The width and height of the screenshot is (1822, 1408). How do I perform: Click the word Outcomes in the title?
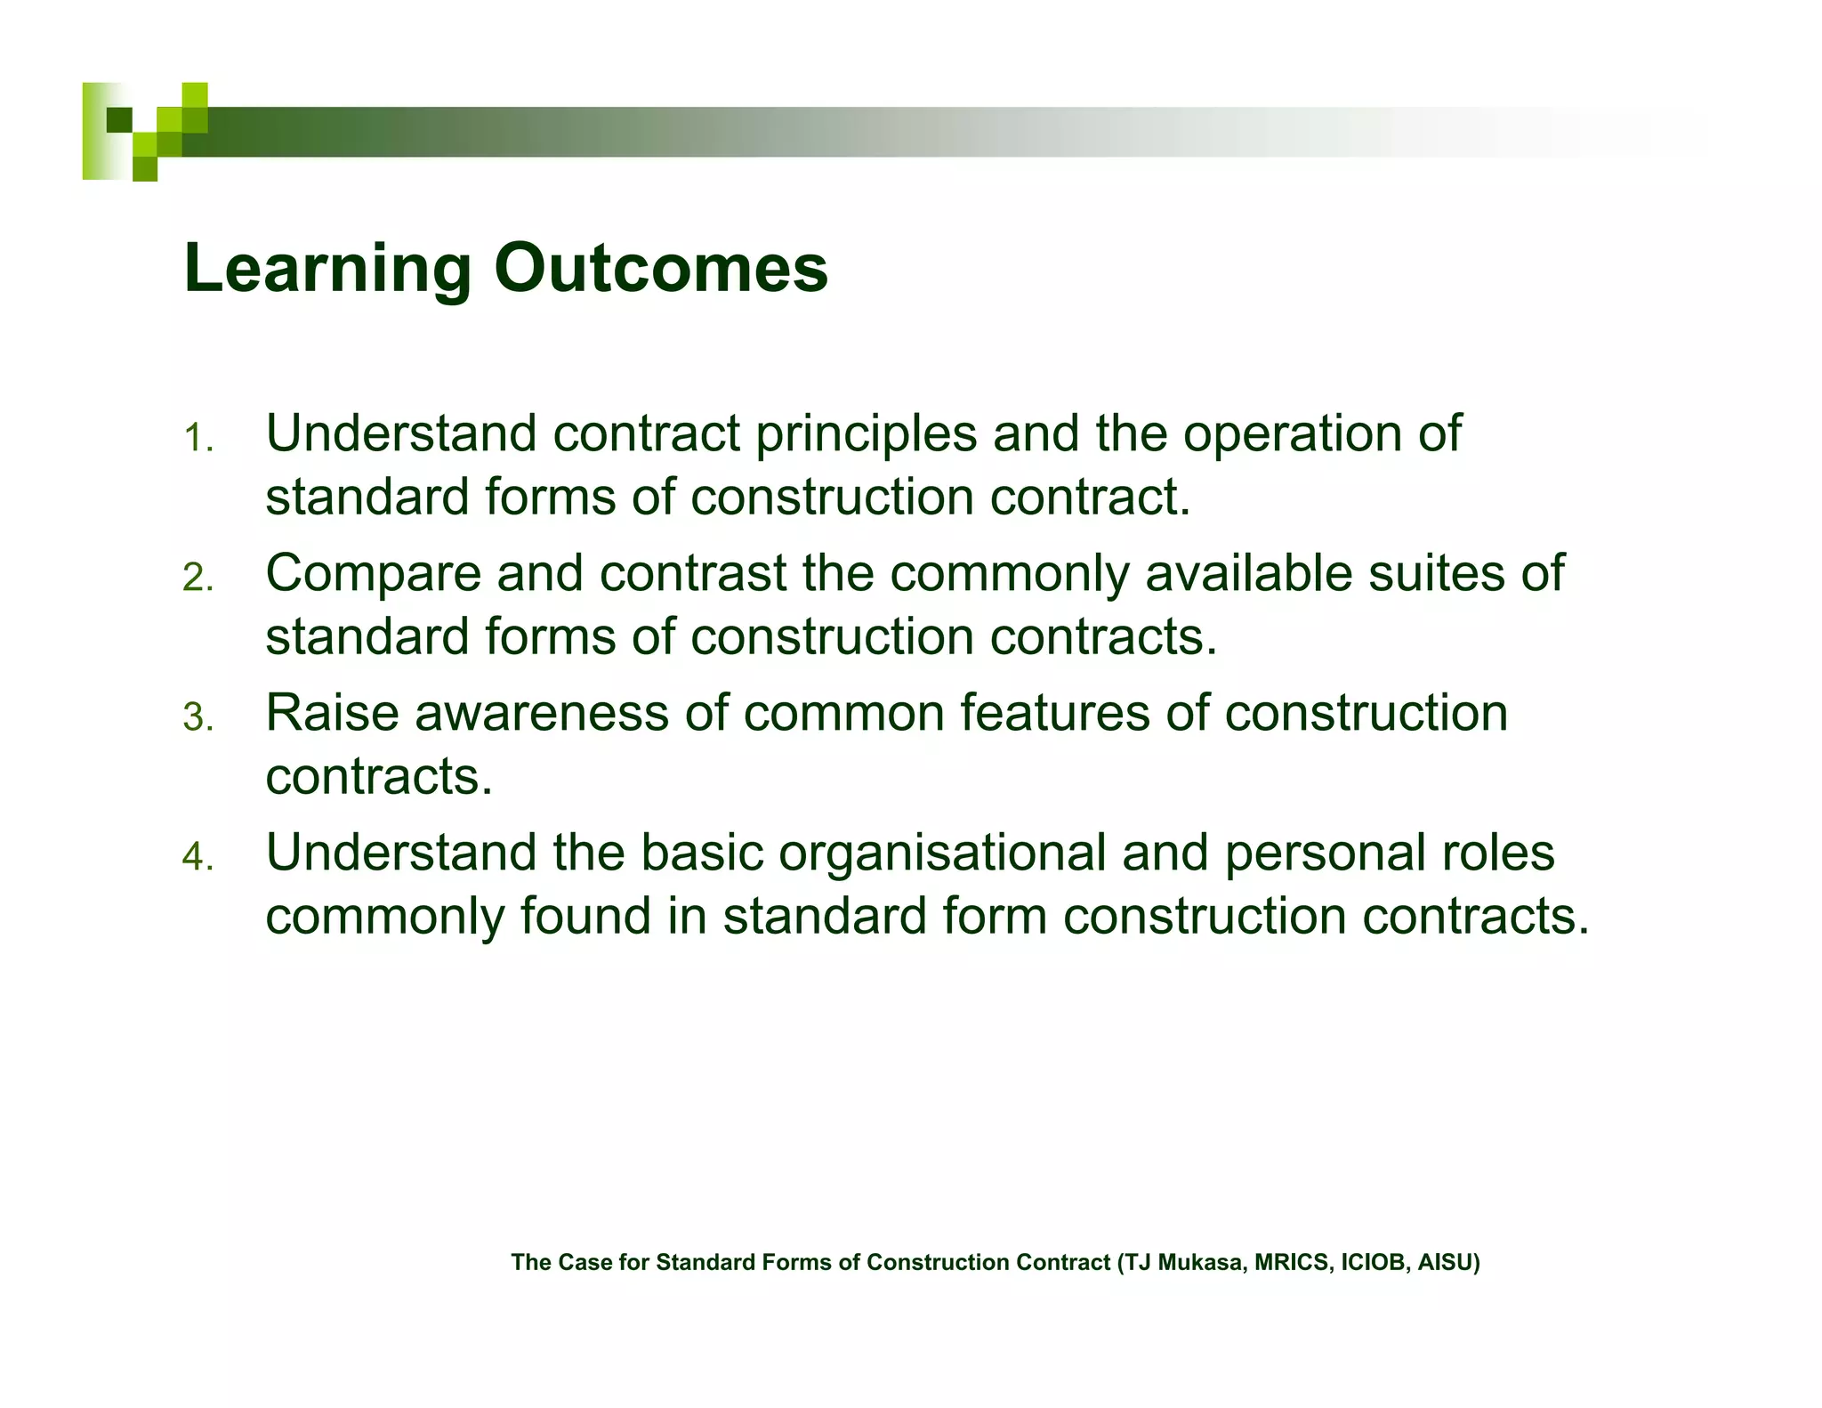[x=661, y=269]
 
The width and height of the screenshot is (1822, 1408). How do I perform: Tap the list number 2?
[x=198, y=579]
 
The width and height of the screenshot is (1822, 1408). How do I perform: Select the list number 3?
[x=198, y=718]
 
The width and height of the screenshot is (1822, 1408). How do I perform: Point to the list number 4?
[x=198, y=858]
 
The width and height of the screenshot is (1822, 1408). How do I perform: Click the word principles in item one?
[x=867, y=435]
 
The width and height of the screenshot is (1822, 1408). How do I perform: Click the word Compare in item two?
[x=373, y=574]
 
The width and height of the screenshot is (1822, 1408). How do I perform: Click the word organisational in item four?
[x=942, y=854]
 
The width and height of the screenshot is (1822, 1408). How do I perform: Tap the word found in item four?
[x=585, y=917]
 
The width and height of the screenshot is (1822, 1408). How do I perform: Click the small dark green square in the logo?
[x=119, y=119]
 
